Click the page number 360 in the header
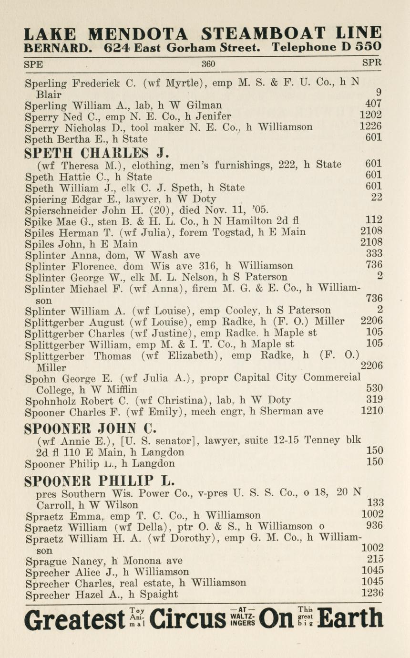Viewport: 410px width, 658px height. [208, 64]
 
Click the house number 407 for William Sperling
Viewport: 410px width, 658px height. [373, 104]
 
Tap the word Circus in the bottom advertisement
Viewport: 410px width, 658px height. [187, 619]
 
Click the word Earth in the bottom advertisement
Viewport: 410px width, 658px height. [350, 619]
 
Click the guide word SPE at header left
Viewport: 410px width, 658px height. [33, 64]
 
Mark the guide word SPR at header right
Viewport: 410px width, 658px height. [372, 63]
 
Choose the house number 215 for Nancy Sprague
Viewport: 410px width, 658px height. [375, 559]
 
